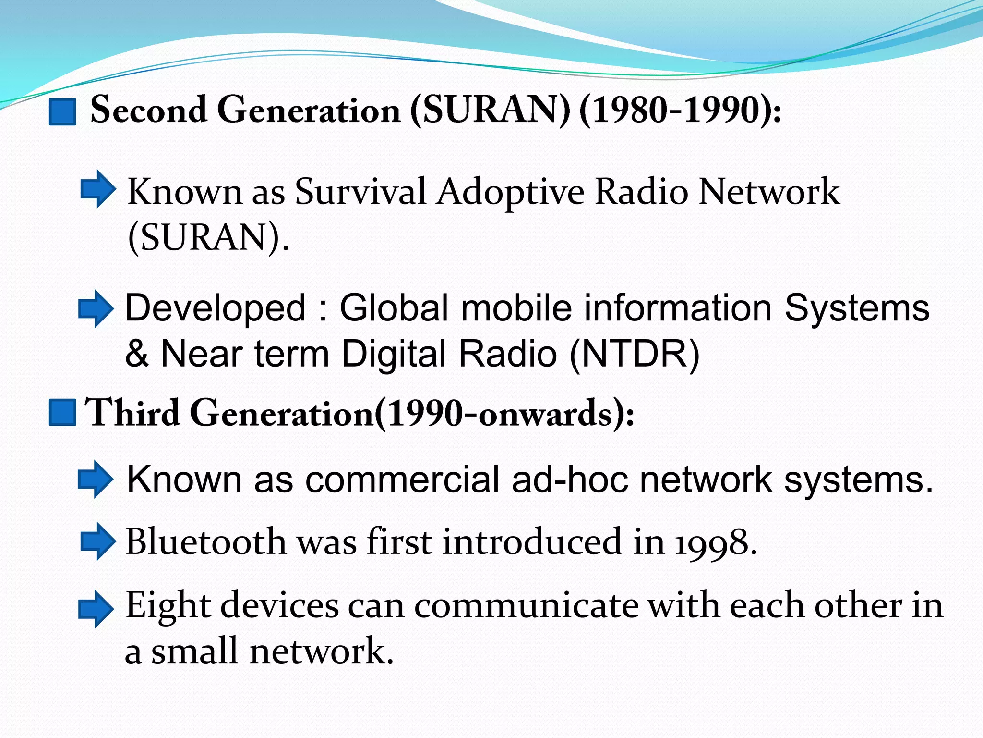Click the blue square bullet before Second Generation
62,111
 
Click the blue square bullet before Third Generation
62,412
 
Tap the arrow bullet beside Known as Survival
97,189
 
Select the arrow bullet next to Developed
96,309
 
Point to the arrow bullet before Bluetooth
97,541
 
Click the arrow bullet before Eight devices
96,609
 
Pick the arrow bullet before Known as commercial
96,479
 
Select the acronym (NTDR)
635,354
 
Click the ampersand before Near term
136,354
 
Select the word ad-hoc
569,480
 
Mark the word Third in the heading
132,412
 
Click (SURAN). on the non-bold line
208,238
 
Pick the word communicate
526,605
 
